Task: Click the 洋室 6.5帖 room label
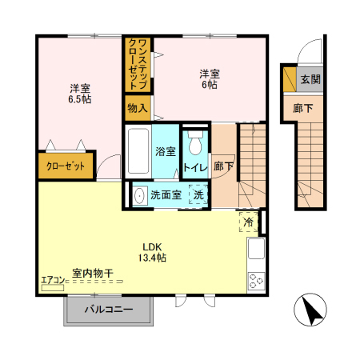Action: click(x=79, y=94)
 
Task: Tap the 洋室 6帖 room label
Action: click(x=210, y=80)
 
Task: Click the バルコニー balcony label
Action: click(x=109, y=309)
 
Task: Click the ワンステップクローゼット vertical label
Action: click(x=137, y=63)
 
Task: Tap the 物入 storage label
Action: click(x=137, y=107)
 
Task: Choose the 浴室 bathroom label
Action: click(x=166, y=151)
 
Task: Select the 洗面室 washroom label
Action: click(x=167, y=194)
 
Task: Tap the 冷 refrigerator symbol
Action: click(x=248, y=222)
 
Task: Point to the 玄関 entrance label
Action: click(x=310, y=79)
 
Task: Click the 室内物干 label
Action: click(x=93, y=273)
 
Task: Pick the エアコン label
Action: click(x=53, y=280)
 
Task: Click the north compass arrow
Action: click(x=313, y=311)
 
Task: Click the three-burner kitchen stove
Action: click(x=257, y=280)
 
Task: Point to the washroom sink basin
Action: click(x=140, y=194)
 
